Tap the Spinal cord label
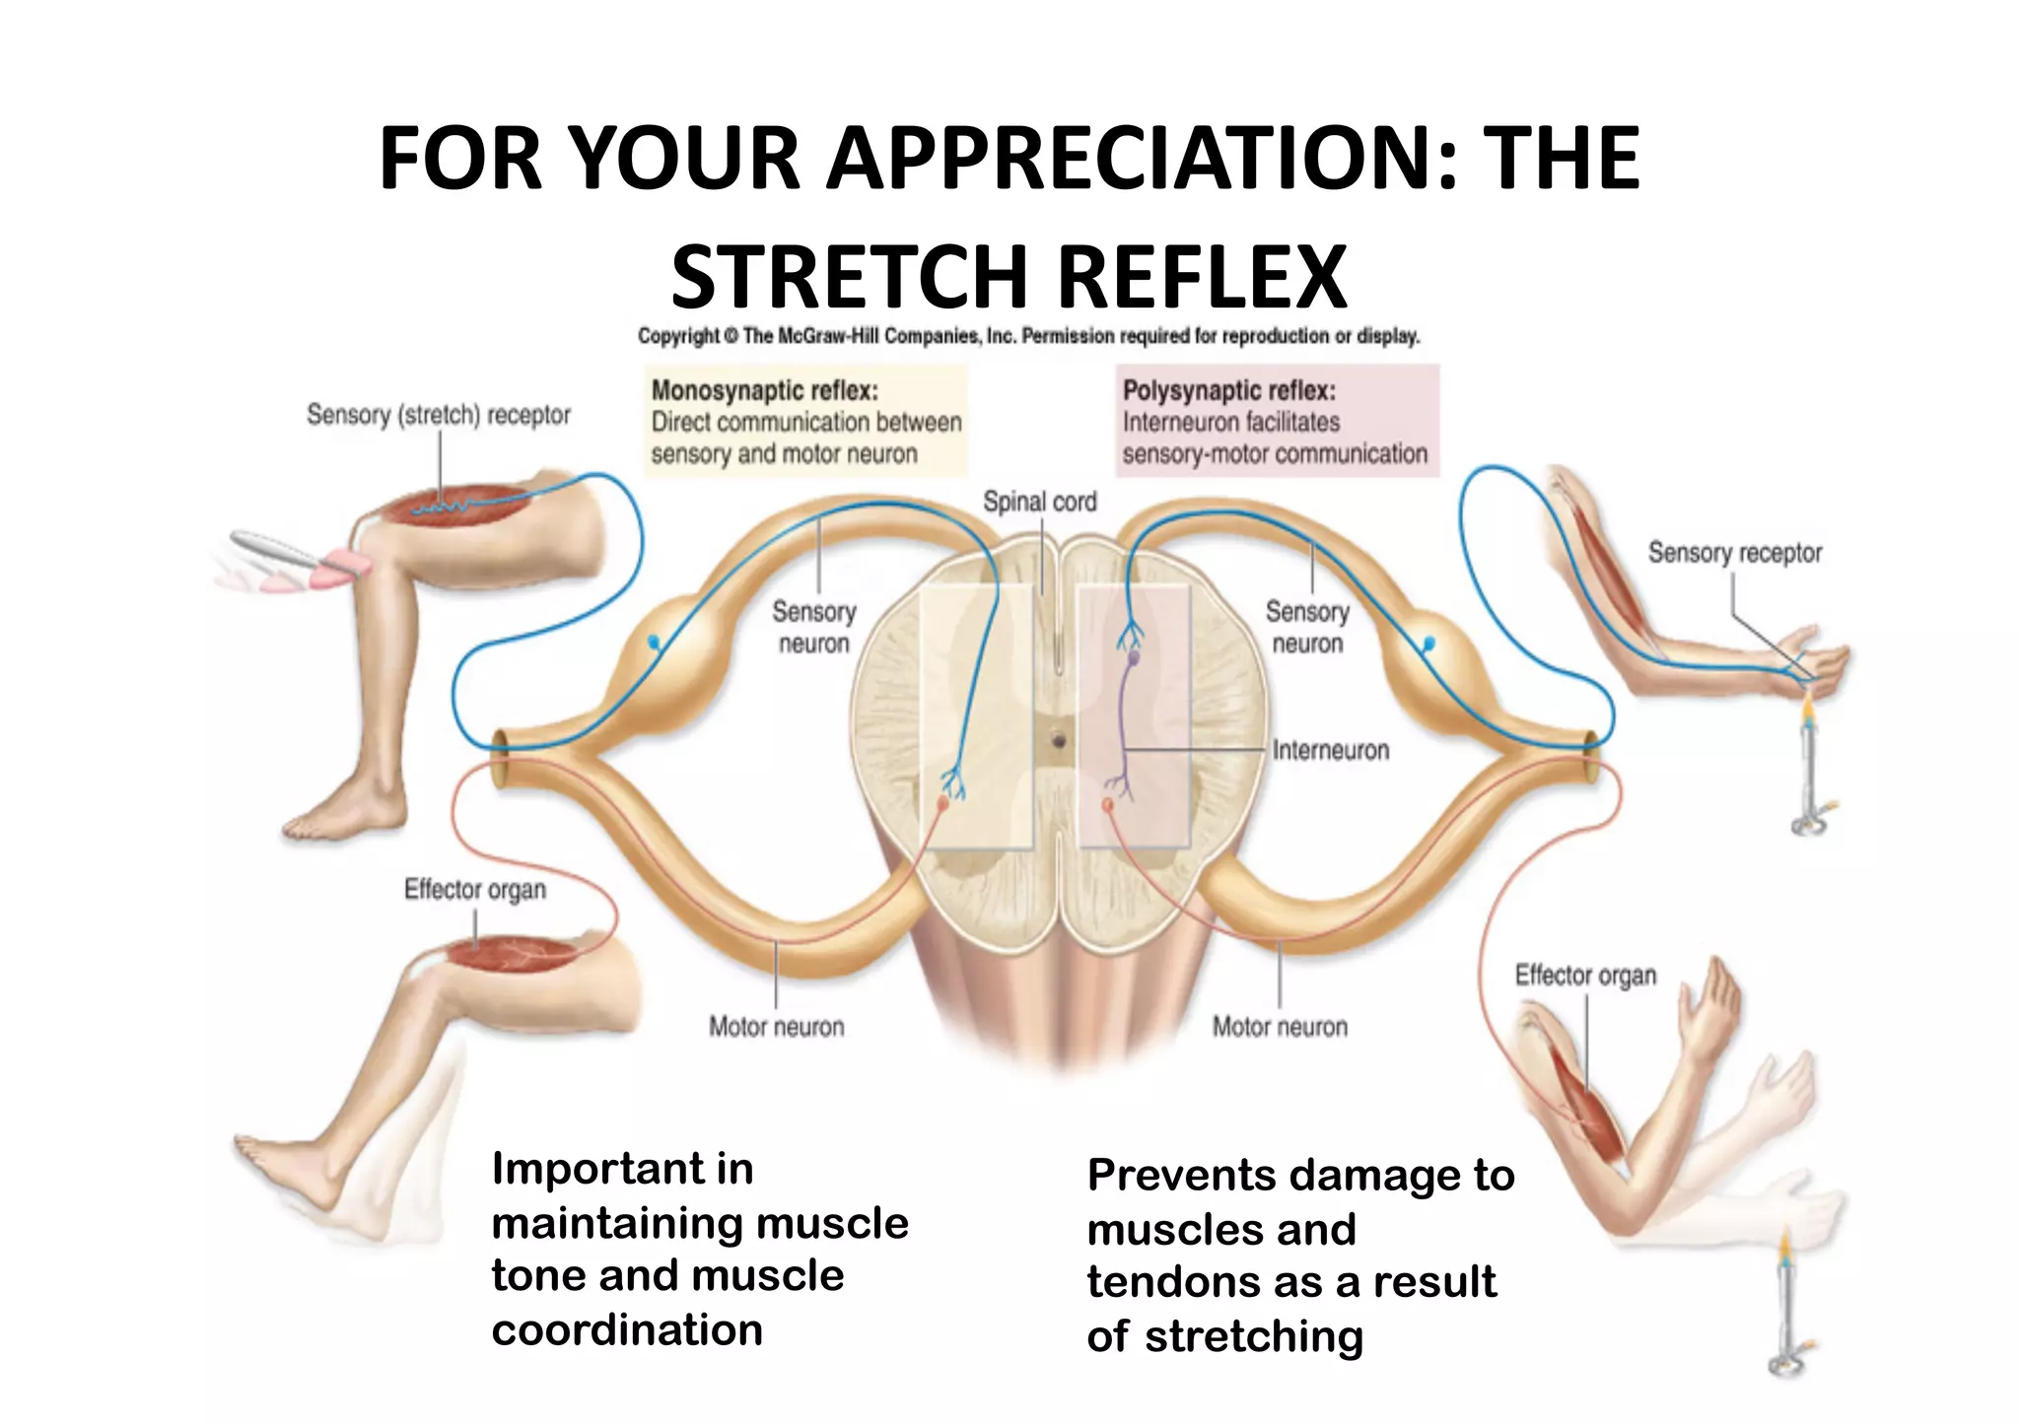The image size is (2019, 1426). (1039, 502)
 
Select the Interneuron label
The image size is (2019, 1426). (1330, 751)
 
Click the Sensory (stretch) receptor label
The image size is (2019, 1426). (438, 415)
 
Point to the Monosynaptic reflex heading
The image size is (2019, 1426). (764, 391)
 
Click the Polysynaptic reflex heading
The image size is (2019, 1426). (1228, 391)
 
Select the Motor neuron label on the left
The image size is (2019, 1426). (776, 1027)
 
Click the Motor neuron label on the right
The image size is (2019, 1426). (1279, 1027)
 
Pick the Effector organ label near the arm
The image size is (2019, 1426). (1584, 976)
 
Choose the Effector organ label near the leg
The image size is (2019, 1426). (474, 890)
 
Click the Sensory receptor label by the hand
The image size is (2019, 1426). (1734, 553)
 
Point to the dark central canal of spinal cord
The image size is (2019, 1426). (1059, 739)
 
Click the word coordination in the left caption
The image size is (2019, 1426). (627, 1330)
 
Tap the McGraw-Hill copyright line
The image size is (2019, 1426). (1028, 336)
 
